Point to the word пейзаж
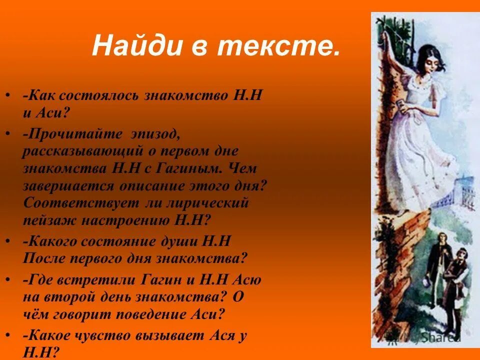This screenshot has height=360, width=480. (x=47, y=220)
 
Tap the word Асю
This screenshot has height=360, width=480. (x=244, y=280)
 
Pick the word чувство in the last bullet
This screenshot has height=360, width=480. (x=105, y=336)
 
